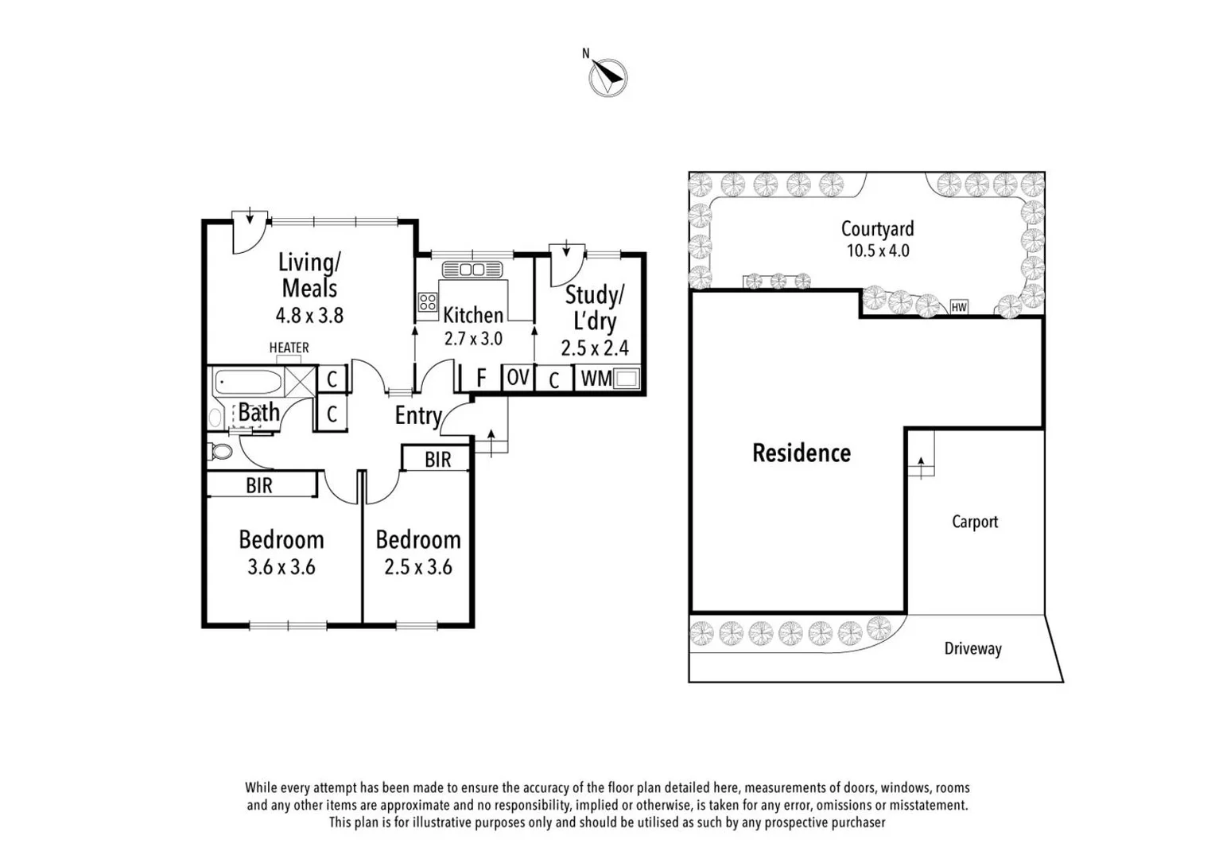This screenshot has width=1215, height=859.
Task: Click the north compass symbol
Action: pyautogui.click(x=607, y=77)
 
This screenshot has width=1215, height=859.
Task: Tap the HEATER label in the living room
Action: pyautogui.click(x=289, y=348)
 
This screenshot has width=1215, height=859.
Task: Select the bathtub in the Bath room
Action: pyautogui.click(x=248, y=382)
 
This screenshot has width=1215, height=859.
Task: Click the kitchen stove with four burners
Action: pyautogui.click(x=428, y=302)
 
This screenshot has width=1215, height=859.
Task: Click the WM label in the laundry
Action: pyautogui.click(x=596, y=379)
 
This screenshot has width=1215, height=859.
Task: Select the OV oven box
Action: pyautogui.click(x=518, y=378)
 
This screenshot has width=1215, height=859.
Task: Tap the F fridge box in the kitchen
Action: pyautogui.click(x=481, y=378)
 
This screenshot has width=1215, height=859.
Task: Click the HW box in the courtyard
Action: pyautogui.click(x=959, y=307)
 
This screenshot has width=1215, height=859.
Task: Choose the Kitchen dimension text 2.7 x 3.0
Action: pyautogui.click(x=473, y=339)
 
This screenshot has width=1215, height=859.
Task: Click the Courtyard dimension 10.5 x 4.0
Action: pyautogui.click(x=878, y=251)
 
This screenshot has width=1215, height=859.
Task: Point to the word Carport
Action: pyautogui.click(x=975, y=522)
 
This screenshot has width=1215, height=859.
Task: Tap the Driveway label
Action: pyautogui.click(x=972, y=648)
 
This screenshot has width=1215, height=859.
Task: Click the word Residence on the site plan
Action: pyautogui.click(x=802, y=453)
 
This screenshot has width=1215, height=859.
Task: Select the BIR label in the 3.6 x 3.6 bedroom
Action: pyautogui.click(x=259, y=485)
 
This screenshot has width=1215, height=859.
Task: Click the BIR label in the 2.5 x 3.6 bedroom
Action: pyautogui.click(x=437, y=460)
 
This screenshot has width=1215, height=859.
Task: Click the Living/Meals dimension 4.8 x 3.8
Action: pyautogui.click(x=309, y=316)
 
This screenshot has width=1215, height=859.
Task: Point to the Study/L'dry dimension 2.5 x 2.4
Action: pyautogui.click(x=594, y=348)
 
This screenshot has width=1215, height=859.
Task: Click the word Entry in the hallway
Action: pyautogui.click(x=418, y=415)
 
